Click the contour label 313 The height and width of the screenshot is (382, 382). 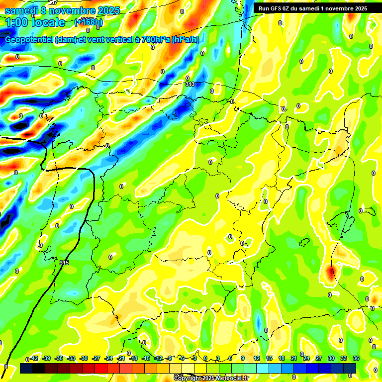[190, 85]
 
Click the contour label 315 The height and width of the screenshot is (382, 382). [64, 262]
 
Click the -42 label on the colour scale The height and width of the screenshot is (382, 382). [34, 358]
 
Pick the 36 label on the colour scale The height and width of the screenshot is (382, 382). [356, 358]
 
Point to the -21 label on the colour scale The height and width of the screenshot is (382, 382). [121, 358]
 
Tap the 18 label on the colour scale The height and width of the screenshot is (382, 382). [282, 358]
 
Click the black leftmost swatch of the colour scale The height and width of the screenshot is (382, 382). [26, 368]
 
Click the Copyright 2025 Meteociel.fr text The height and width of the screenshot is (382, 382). [210, 379]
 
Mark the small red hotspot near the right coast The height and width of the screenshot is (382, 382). [331, 273]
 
